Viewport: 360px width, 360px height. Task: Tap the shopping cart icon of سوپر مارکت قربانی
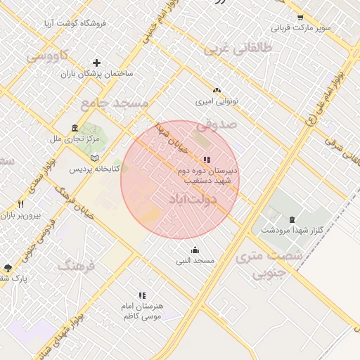[x=300, y=18]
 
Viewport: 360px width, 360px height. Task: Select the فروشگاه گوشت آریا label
[x=79, y=23]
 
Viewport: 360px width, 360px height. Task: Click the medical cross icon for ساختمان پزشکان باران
[x=96, y=63]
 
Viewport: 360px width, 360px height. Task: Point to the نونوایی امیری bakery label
[x=217, y=101]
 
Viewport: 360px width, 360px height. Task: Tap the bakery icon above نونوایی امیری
[x=217, y=91]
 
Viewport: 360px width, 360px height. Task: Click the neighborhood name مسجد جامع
[x=115, y=103]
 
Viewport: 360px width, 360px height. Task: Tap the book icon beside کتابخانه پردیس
[x=95, y=158]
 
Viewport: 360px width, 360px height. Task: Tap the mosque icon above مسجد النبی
[x=195, y=250]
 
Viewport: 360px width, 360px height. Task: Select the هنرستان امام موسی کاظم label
[x=143, y=311]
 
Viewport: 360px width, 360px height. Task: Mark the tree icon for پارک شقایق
[x=8, y=267]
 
